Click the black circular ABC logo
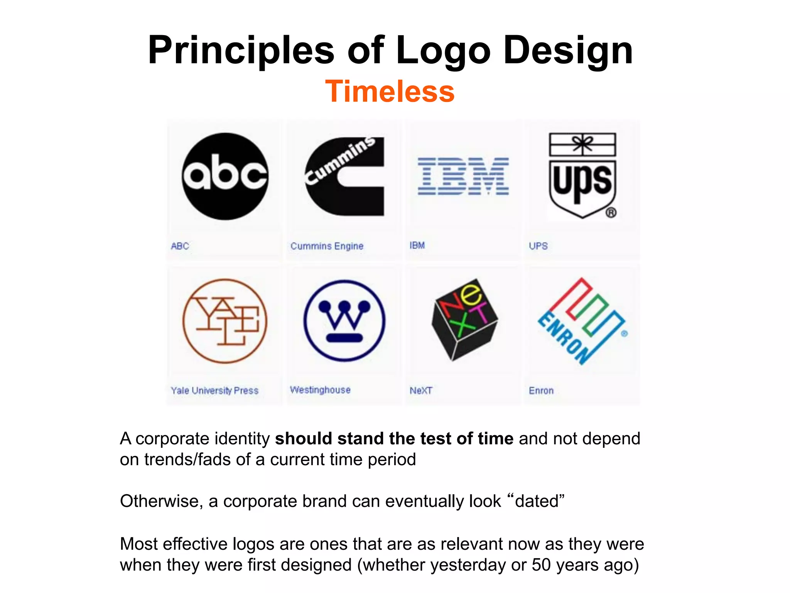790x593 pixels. (x=225, y=176)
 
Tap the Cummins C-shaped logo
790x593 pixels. (x=344, y=176)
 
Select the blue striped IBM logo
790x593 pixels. (x=463, y=176)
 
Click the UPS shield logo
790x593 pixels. (x=582, y=176)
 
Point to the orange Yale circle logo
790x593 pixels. (x=225, y=321)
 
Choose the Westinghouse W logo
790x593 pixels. (x=344, y=321)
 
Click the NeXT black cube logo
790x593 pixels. (x=464, y=319)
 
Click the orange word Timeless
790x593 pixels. (x=390, y=91)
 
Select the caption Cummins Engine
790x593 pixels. (x=327, y=246)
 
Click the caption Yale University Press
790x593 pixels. (x=214, y=390)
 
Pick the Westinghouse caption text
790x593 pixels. (x=320, y=390)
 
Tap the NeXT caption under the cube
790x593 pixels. (x=421, y=390)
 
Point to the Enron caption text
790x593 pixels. (x=541, y=390)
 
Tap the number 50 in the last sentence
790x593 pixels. (x=542, y=565)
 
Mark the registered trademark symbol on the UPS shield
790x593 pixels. (x=611, y=212)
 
